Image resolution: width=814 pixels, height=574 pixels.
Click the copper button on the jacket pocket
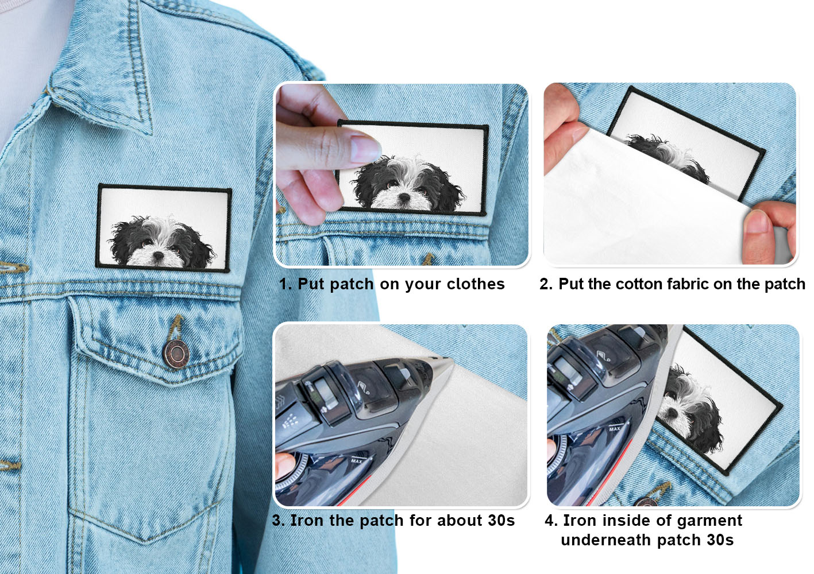tap(176, 353)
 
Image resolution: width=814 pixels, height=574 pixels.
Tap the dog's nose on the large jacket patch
tap(159, 255)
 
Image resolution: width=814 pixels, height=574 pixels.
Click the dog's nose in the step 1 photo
tap(404, 197)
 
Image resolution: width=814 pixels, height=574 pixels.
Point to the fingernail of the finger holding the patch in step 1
tap(364, 149)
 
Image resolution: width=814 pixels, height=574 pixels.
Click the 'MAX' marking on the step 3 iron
tap(357, 461)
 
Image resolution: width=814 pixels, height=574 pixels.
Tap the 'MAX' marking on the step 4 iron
tap(615, 429)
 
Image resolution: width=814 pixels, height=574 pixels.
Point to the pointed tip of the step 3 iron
tap(450, 359)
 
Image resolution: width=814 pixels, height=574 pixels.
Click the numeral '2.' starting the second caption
tap(546, 284)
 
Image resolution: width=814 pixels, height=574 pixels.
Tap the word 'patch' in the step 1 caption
tap(352, 284)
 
